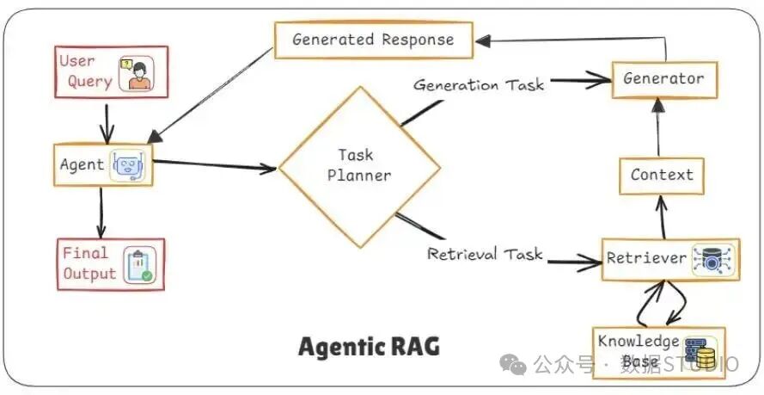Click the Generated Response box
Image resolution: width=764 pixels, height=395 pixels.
[x=374, y=40]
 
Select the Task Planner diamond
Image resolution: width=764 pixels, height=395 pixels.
[x=359, y=167]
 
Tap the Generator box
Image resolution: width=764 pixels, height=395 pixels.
[x=664, y=79]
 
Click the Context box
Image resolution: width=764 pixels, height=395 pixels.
[x=662, y=176]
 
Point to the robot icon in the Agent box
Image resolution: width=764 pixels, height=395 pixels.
[x=128, y=165]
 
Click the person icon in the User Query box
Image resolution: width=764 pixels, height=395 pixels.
[x=137, y=74]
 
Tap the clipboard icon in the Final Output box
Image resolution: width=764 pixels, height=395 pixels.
[x=140, y=265]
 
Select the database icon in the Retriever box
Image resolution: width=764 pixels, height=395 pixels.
[x=712, y=259]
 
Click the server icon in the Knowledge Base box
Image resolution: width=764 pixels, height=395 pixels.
[x=701, y=352]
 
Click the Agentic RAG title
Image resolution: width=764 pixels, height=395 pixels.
[x=369, y=348]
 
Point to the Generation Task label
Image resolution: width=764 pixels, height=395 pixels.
[x=479, y=85]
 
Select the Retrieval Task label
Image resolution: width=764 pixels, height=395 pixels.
[x=485, y=254]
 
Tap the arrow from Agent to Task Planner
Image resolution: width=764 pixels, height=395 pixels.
[x=215, y=165]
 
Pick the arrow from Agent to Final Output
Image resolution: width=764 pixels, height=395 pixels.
[x=101, y=213]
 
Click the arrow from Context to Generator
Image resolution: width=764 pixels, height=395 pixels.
[x=658, y=127]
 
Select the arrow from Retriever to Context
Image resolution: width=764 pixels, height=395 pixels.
[x=662, y=218]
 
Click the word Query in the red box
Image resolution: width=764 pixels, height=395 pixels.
[x=89, y=82]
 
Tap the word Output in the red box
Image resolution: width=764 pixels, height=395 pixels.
[x=89, y=274]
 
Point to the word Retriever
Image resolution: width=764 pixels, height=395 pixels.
[x=646, y=258]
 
